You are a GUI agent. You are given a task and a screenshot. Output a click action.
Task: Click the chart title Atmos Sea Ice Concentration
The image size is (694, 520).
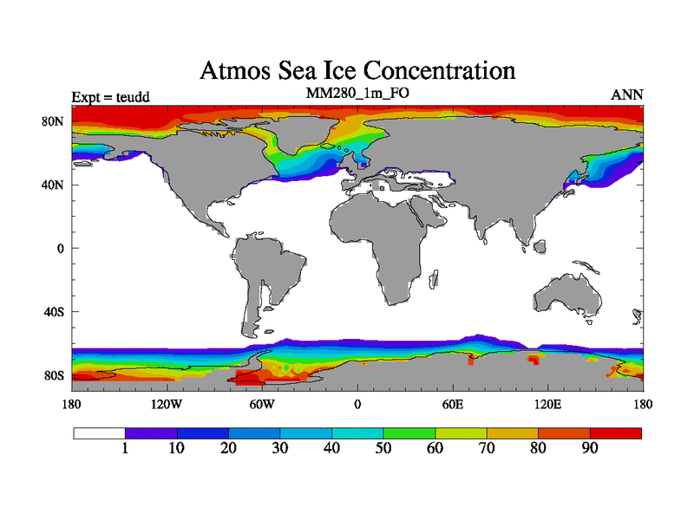point(357,69)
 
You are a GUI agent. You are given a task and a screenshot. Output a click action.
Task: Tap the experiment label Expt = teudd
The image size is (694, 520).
point(111,96)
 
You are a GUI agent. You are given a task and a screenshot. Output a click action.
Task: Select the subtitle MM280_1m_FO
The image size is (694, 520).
point(357,93)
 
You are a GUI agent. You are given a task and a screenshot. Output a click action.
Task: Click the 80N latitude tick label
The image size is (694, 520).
point(55,121)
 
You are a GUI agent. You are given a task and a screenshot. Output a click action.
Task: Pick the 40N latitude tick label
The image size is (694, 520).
point(55,185)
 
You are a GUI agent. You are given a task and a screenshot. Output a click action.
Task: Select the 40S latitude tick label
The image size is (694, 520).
point(55,311)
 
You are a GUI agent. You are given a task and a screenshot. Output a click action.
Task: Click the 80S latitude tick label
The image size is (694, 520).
point(55,375)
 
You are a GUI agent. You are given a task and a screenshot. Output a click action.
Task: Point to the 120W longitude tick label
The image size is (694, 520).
point(167,404)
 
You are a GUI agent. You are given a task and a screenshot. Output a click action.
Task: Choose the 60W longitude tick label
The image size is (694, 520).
point(262,404)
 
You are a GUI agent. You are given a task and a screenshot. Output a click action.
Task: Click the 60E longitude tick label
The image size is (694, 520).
point(452,404)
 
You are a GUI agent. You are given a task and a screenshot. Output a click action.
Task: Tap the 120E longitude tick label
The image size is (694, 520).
point(547,404)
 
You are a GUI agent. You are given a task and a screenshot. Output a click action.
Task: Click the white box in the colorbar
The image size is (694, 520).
point(99,432)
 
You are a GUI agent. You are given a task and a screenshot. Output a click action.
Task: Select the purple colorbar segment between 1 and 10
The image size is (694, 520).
point(151,432)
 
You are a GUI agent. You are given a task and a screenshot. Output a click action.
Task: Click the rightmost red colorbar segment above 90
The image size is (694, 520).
point(616,432)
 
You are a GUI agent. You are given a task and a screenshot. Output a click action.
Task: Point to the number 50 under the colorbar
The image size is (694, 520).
point(383,448)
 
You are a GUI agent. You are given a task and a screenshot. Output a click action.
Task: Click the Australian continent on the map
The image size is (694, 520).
point(568,295)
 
